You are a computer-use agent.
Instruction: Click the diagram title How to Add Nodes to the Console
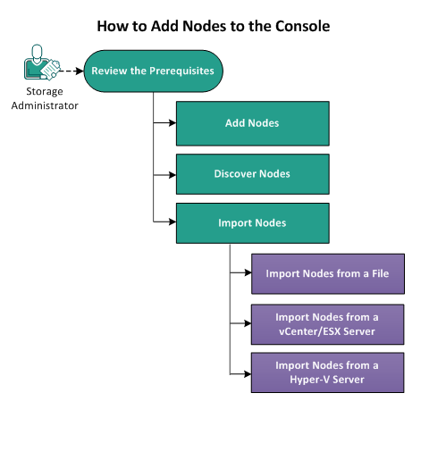tap(214, 26)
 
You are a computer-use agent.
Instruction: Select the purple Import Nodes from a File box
tap(327, 273)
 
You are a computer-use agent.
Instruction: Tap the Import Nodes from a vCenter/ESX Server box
tap(327, 323)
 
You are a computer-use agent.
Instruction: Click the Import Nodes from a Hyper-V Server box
tap(327, 372)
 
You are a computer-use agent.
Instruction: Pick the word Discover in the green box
tap(234, 173)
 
